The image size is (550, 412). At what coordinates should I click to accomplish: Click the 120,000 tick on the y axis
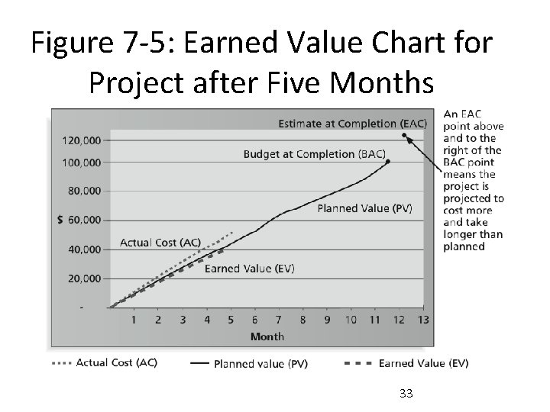click(80, 140)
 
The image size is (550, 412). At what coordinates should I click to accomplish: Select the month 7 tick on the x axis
click(278, 320)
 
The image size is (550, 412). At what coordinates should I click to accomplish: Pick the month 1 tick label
click(134, 320)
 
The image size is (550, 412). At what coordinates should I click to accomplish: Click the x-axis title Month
click(267, 336)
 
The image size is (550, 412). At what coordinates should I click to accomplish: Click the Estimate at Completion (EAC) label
click(352, 124)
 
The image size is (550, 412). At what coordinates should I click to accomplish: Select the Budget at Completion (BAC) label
click(314, 153)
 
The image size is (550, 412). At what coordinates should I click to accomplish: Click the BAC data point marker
click(388, 162)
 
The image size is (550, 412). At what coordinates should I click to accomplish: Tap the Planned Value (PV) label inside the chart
click(364, 208)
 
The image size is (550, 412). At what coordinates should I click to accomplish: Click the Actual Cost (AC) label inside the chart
click(160, 243)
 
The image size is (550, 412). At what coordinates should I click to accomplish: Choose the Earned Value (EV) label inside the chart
click(250, 268)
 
